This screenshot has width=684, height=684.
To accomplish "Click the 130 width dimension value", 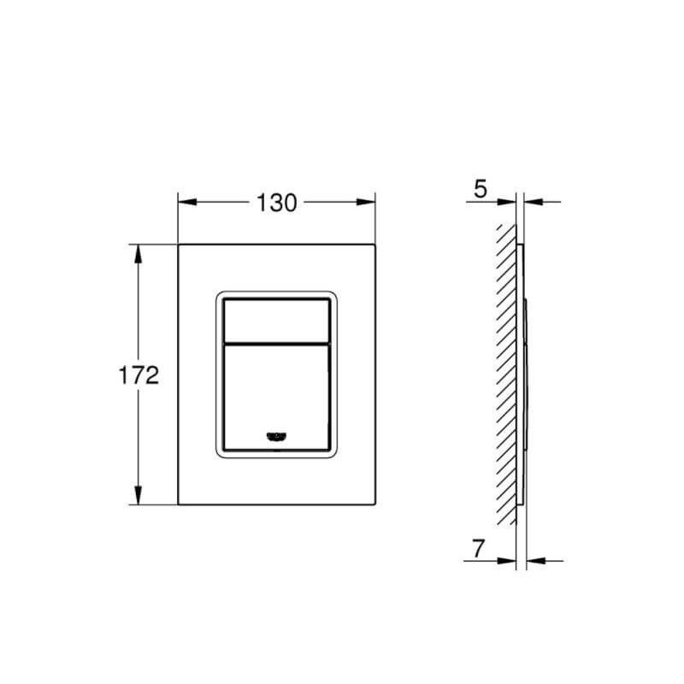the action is click(276, 203).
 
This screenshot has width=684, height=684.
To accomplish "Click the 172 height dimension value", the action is click(139, 375).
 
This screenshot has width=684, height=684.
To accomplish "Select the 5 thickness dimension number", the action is click(480, 189).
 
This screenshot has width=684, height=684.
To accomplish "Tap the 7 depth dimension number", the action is click(478, 549).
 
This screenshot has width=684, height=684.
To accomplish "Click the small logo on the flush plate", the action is click(276, 436).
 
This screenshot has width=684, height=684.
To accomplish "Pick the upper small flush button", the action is click(276, 321).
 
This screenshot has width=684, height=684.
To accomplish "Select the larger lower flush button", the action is click(276, 398).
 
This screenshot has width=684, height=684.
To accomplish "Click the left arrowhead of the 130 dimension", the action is click(187, 202).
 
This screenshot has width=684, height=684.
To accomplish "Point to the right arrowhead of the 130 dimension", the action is click(366, 202).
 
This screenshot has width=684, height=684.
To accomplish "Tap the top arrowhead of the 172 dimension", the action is click(139, 254).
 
